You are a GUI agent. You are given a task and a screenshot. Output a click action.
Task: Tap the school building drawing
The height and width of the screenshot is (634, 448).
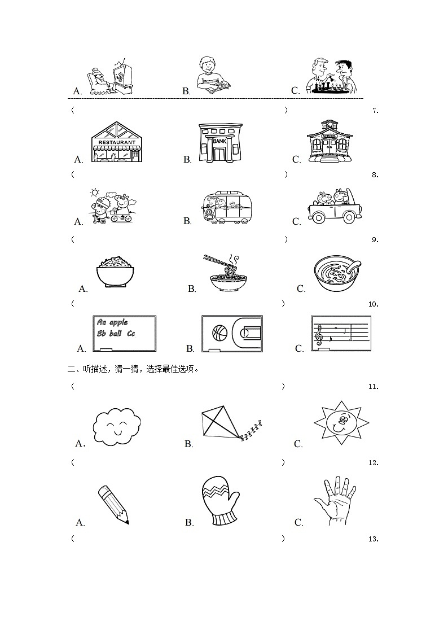tap(330, 142)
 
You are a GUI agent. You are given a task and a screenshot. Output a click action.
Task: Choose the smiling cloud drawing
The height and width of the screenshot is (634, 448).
tap(117, 427)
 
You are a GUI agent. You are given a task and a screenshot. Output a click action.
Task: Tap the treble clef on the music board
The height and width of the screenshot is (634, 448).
tap(320, 337)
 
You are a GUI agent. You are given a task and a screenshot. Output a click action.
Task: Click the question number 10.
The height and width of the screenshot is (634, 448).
tap(372, 304)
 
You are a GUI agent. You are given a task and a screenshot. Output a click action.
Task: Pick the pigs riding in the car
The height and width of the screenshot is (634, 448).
tap(335, 207)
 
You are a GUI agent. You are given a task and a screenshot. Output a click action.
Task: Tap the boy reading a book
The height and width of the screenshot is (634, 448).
tap(211, 76)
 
